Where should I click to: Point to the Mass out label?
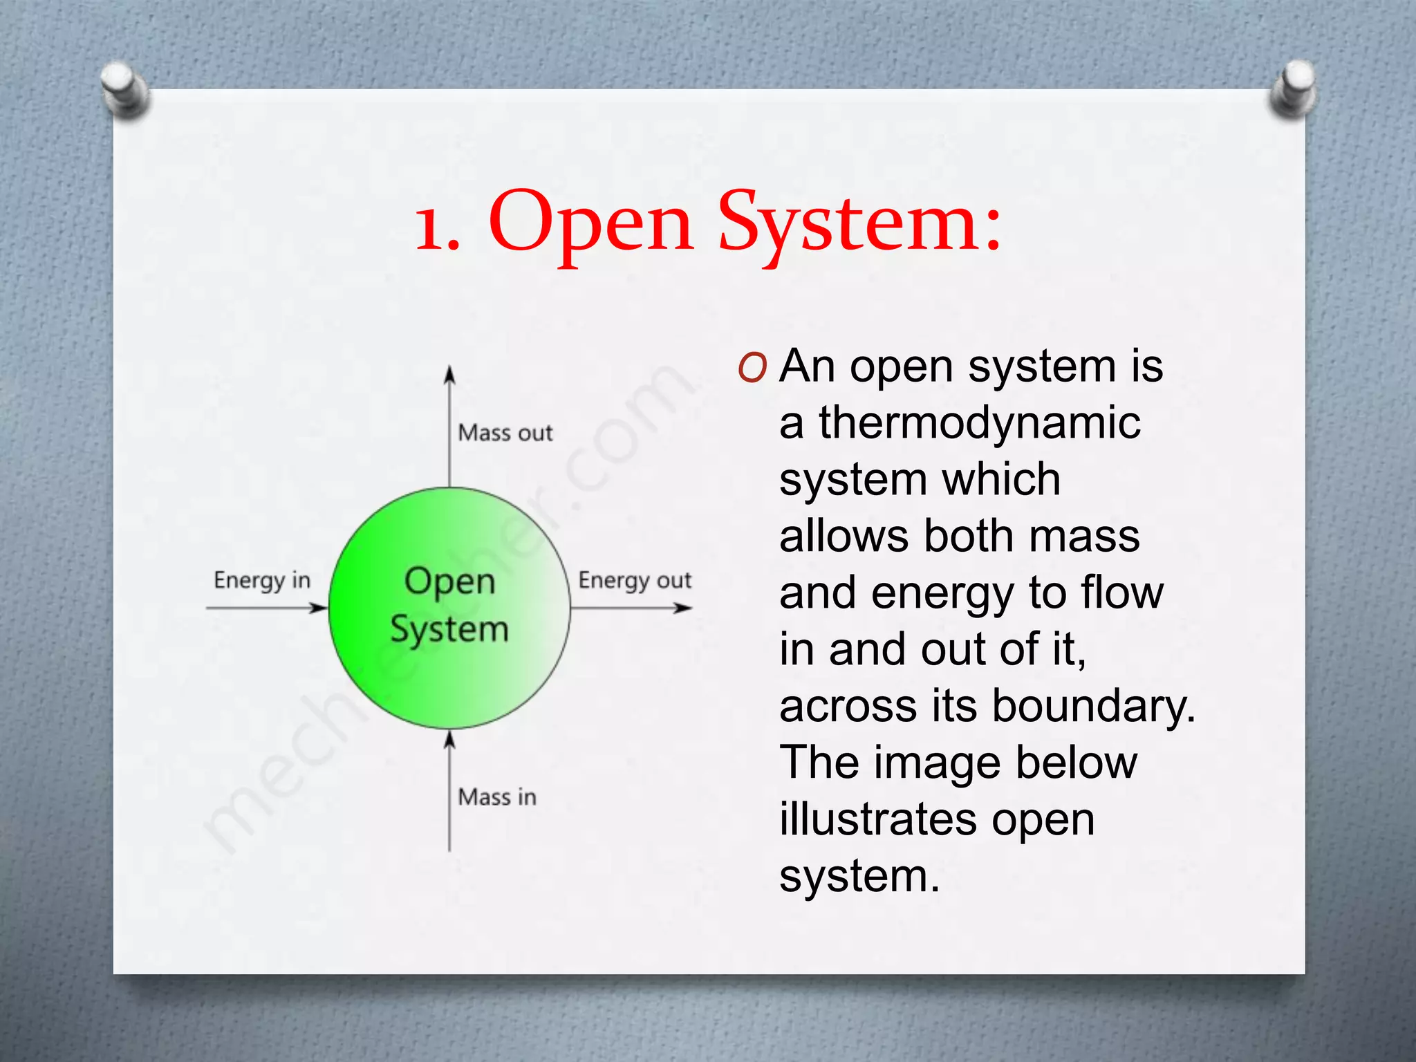[x=505, y=434]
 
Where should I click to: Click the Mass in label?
[x=497, y=797]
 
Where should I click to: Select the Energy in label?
[x=262, y=581]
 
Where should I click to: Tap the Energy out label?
[x=635, y=581]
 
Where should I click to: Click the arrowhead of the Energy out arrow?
[x=684, y=608]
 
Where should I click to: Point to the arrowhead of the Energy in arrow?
[x=319, y=608]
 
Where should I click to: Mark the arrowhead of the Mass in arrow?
[x=449, y=740]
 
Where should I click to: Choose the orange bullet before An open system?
[x=752, y=368]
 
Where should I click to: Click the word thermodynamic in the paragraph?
[x=980, y=422]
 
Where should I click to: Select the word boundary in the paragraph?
[x=1093, y=706]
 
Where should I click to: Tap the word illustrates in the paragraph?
[x=878, y=819]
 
